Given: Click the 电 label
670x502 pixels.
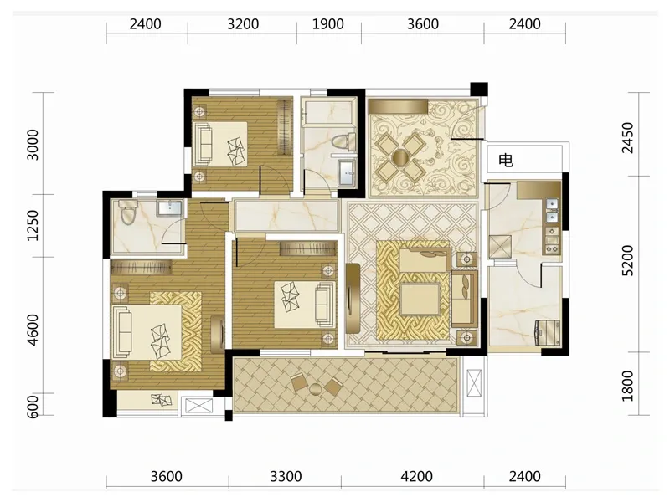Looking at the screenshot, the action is pyautogui.click(x=506, y=161).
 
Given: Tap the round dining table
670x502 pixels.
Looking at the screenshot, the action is pyautogui.click(x=401, y=158).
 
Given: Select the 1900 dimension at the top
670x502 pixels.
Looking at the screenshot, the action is pyautogui.click(x=328, y=24).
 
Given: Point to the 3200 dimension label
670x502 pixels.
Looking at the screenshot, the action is pyautogui.click(x=243, y=24).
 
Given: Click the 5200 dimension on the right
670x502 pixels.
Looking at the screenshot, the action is pyautogui.click(x=627, y=260).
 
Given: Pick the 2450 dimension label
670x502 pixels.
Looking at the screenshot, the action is pyautogui.click(x=627, y=137).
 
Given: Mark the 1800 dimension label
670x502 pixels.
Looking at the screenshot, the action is pyautogui.click(x=627, y=386).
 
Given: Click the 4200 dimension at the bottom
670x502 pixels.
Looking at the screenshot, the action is pyautogui.click(x=416, y=476).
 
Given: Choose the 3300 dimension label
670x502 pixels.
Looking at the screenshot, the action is pyautogui.click(x=286, y=476).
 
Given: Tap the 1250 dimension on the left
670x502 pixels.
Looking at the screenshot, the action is pyautogui.click(x=33, y=225).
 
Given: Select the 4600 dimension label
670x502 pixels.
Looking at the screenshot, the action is pyautogui.click(x=33, y=330).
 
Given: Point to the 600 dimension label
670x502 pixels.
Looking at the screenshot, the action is pyautogui.click(x=33, y=406).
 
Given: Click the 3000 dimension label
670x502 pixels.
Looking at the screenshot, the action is pyautogui.click(x=33, y=145).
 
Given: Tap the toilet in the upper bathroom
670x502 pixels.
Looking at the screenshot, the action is pyautogui.click(x=344, y=141).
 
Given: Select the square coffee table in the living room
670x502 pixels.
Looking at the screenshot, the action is pyautogui.click(x=420, y=299).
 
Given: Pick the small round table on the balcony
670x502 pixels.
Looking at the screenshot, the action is pyautogui.click(x=316, y=389).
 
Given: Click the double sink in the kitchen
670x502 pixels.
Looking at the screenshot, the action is pyautogui.click(x=553, y=212).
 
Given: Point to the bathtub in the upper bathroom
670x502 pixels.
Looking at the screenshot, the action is pyautogui.click(x=328, y=112).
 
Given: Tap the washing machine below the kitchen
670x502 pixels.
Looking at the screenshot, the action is pyautogui.click(x=547, y=332).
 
